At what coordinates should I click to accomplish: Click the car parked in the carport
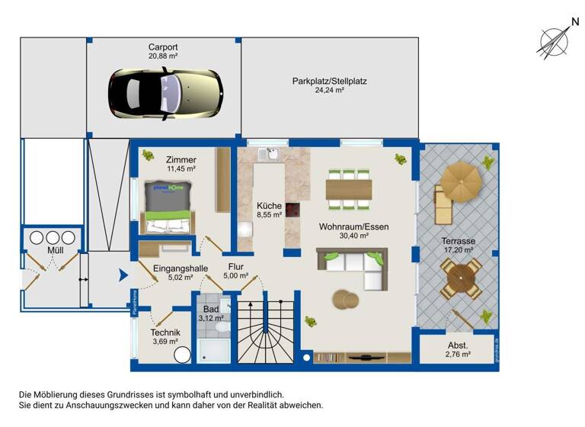[165, 92]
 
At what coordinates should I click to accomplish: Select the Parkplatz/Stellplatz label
[329, 81]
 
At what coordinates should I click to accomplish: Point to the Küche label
[269, 206]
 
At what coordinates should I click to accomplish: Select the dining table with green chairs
[349, 188]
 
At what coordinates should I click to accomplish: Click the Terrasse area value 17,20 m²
[459, 249]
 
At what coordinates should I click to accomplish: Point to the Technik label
[165, 332]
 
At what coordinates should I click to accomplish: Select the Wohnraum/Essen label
[344, 227]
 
